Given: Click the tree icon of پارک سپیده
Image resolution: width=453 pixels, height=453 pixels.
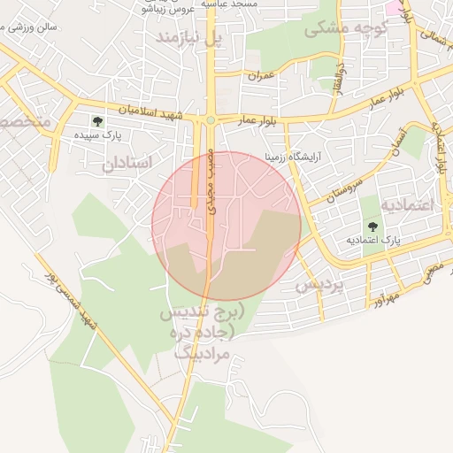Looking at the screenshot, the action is (96, 121).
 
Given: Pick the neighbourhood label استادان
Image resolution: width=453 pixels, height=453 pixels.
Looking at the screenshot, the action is (127, 163).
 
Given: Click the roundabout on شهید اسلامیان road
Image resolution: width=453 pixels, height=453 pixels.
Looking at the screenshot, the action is (211, 120).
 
